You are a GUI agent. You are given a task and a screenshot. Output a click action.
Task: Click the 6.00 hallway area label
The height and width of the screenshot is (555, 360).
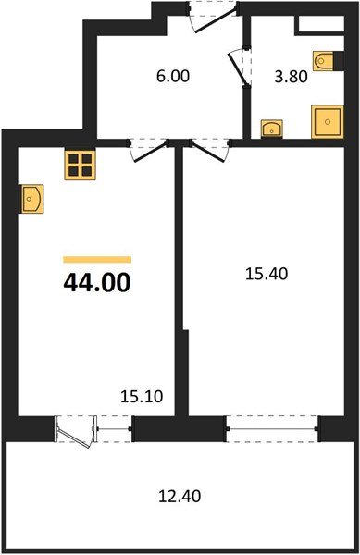(x=172, y=78)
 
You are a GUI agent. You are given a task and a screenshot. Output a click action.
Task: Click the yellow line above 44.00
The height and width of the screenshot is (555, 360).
(x=97, y=259)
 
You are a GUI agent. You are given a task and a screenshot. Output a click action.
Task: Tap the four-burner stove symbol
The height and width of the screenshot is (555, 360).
(x=81, y=165)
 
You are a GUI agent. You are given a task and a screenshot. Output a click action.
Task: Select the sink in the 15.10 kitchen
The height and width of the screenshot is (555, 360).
(x=32, y=197)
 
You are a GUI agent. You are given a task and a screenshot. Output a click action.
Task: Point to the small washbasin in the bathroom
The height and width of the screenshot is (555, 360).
(x=272, y=128)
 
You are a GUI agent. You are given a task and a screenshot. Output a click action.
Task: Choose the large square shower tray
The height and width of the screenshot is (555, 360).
(x=327, y=120)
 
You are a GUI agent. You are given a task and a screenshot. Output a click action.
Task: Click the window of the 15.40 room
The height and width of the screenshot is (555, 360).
(x=273, y=428)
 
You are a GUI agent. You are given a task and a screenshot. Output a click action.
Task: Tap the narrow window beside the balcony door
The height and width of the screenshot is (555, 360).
(x=114, y=428)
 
